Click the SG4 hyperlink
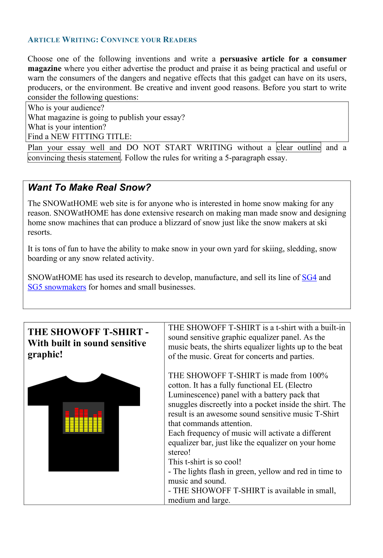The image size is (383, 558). pos(309,278)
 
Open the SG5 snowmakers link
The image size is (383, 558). pos(57,287)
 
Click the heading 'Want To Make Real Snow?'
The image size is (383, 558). pos(89,188)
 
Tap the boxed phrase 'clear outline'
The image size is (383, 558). pos(298,148)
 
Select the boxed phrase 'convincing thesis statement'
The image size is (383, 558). pos(74,158)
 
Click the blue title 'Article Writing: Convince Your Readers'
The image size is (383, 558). pos(112,40)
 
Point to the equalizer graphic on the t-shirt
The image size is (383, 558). pos(84,418)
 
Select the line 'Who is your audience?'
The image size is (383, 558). pos(66,108)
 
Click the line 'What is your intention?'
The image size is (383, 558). pos(67,127)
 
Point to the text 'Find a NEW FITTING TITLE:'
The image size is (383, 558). pos(80,137)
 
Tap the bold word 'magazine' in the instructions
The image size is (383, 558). pos(45,69)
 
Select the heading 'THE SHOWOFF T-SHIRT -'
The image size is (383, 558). pos(88,332)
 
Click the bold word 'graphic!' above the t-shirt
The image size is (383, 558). pos(45,355)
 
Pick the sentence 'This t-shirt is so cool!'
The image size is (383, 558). pos(204,462)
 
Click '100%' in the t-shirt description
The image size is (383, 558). pos(318,376)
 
